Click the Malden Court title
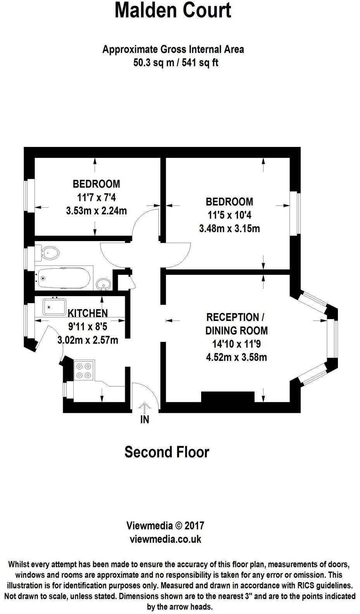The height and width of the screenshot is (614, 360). click(x=173, y=11)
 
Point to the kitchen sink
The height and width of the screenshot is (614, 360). click(x=55, y=307)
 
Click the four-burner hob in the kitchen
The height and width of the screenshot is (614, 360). click(x=84, y=370)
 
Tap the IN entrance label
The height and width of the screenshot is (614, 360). click(x=145, y=419)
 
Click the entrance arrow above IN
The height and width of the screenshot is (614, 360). click(x=145, y=408)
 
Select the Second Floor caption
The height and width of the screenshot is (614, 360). click(x=167, y=452)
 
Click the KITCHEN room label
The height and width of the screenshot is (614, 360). click(x=88, y=313)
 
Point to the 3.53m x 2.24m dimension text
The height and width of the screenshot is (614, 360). click(x=96, y=211)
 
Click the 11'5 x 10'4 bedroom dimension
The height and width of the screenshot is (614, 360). click(x=229, y=215)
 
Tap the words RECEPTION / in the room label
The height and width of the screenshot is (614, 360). click(x=235, y=317)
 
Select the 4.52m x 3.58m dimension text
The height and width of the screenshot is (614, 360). click(x=236, y=357)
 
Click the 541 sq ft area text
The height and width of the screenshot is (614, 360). click(x=203, y=62)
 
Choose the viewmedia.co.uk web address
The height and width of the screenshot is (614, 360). click(x=165, y=539)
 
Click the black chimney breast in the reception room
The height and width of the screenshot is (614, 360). click(x=228, y=398)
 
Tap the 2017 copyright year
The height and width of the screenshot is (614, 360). click(x=194, y=526)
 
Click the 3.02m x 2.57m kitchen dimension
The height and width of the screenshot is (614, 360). click(x=88, y=340)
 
